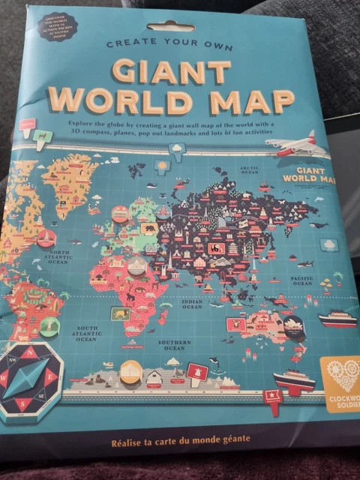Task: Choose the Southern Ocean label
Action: (x=174, y=345)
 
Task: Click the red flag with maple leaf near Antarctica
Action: (x=198, y=371)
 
